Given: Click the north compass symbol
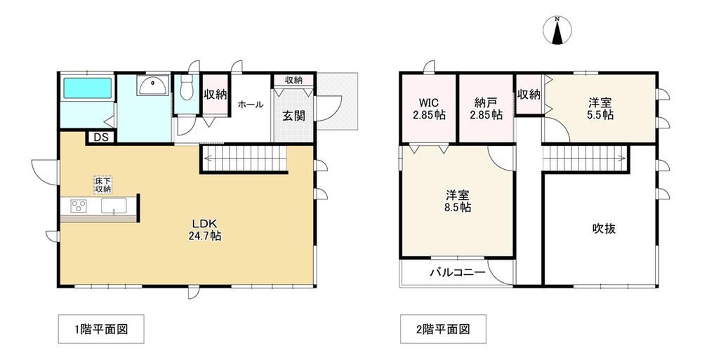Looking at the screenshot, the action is coord(557,30).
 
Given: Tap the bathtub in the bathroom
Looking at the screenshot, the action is coord(87,88).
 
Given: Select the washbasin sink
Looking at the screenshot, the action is coord(154,85).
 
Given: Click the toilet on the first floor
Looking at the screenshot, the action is coord(185,87).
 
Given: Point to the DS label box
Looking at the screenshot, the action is coord(101,138).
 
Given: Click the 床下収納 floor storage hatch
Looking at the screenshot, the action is coord(102,185).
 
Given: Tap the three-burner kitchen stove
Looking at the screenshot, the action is coord(79,206).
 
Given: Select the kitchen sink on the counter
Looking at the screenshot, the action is coord(114,206).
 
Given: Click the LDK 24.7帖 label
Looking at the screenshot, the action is coord(205,229).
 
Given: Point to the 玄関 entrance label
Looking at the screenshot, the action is coord(293,116).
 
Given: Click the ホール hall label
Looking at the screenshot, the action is coord(251,105).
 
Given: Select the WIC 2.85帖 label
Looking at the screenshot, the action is coord(429,108).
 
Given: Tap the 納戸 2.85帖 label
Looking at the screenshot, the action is coord(486,108).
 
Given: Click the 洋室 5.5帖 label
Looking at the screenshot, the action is coord(600,109).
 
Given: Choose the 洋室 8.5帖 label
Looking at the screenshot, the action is coord(458,201).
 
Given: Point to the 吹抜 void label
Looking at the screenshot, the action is coord(604,228).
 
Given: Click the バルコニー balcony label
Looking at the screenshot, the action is coord(458,272).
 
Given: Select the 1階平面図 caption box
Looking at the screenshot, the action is coord(101,330).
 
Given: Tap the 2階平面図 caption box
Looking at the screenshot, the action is coord(443,330).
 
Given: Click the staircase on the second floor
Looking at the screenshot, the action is coord(584,158).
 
